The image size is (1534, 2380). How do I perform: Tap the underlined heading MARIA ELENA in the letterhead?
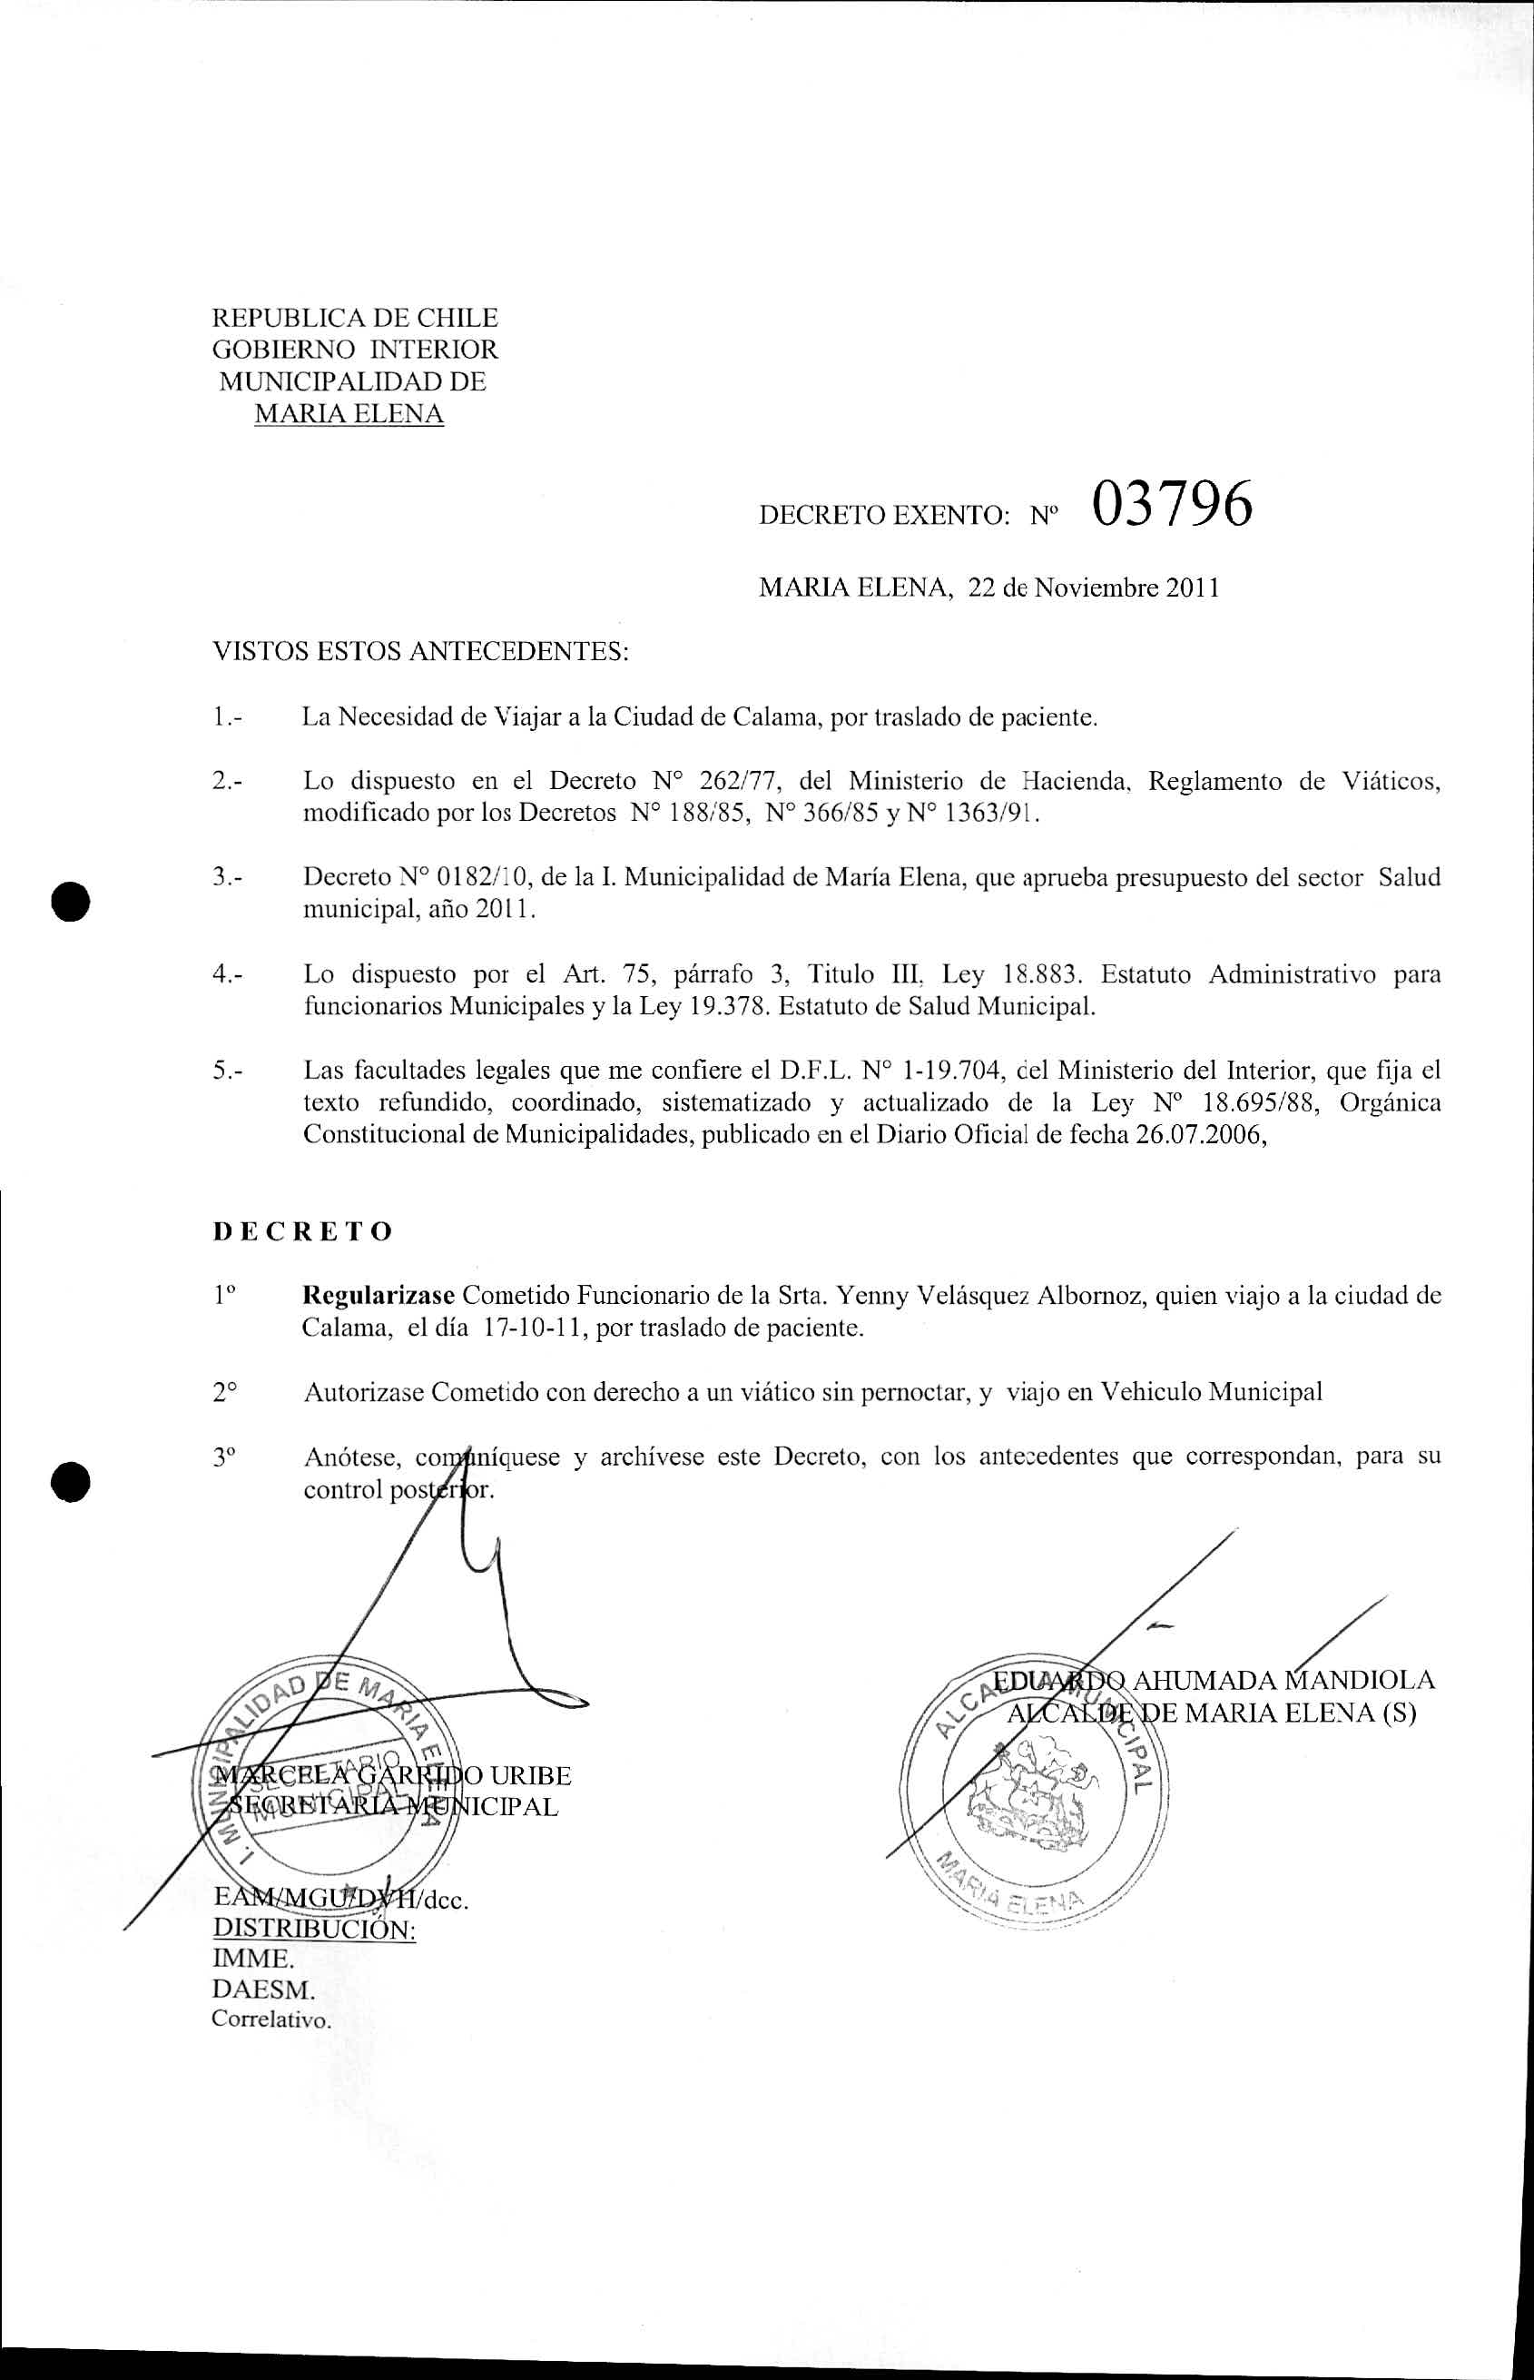click(x=349, y=413)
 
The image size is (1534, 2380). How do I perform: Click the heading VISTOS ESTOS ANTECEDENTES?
click(x=420, y=653)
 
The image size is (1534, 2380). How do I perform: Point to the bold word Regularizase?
click(x=379, y=1295)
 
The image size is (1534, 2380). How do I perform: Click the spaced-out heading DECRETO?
click(x=303, y=1231)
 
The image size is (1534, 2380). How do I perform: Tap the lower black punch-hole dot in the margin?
click(x=72, y=1481)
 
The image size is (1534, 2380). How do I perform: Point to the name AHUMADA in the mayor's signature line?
click(x=1205, y=1680)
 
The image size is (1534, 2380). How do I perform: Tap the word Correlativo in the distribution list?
click(x=270, y=1992)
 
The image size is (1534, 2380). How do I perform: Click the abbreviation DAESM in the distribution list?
click(x=263, y=1960)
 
